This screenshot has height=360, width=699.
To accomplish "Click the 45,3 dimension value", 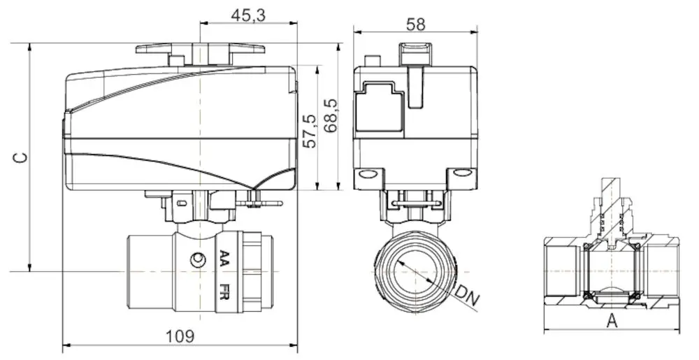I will [x=249, y=15].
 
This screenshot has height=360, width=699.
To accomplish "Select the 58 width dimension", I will [x=415, y=23].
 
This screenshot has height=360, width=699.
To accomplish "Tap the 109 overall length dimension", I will [x=179, y=336].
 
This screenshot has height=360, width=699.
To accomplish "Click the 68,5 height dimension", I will [x=331, y=115].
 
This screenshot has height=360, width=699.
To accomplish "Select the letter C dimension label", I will [x=22, y=157].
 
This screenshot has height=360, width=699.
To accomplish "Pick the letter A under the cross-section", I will [x=612, y=321].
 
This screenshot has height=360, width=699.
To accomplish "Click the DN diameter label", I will [x=468, y=295].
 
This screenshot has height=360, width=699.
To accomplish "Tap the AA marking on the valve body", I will [x=224, y=259].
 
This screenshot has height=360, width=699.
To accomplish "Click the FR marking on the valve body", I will [x=224, y=291].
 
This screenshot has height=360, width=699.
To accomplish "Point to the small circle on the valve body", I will [x=200, y=261].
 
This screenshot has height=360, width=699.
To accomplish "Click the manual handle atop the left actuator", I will [x=200, y=50].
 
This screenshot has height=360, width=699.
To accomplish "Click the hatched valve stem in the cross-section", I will [x=612, y=203].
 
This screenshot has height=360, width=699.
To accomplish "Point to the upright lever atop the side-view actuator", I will [x=415, y=77].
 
